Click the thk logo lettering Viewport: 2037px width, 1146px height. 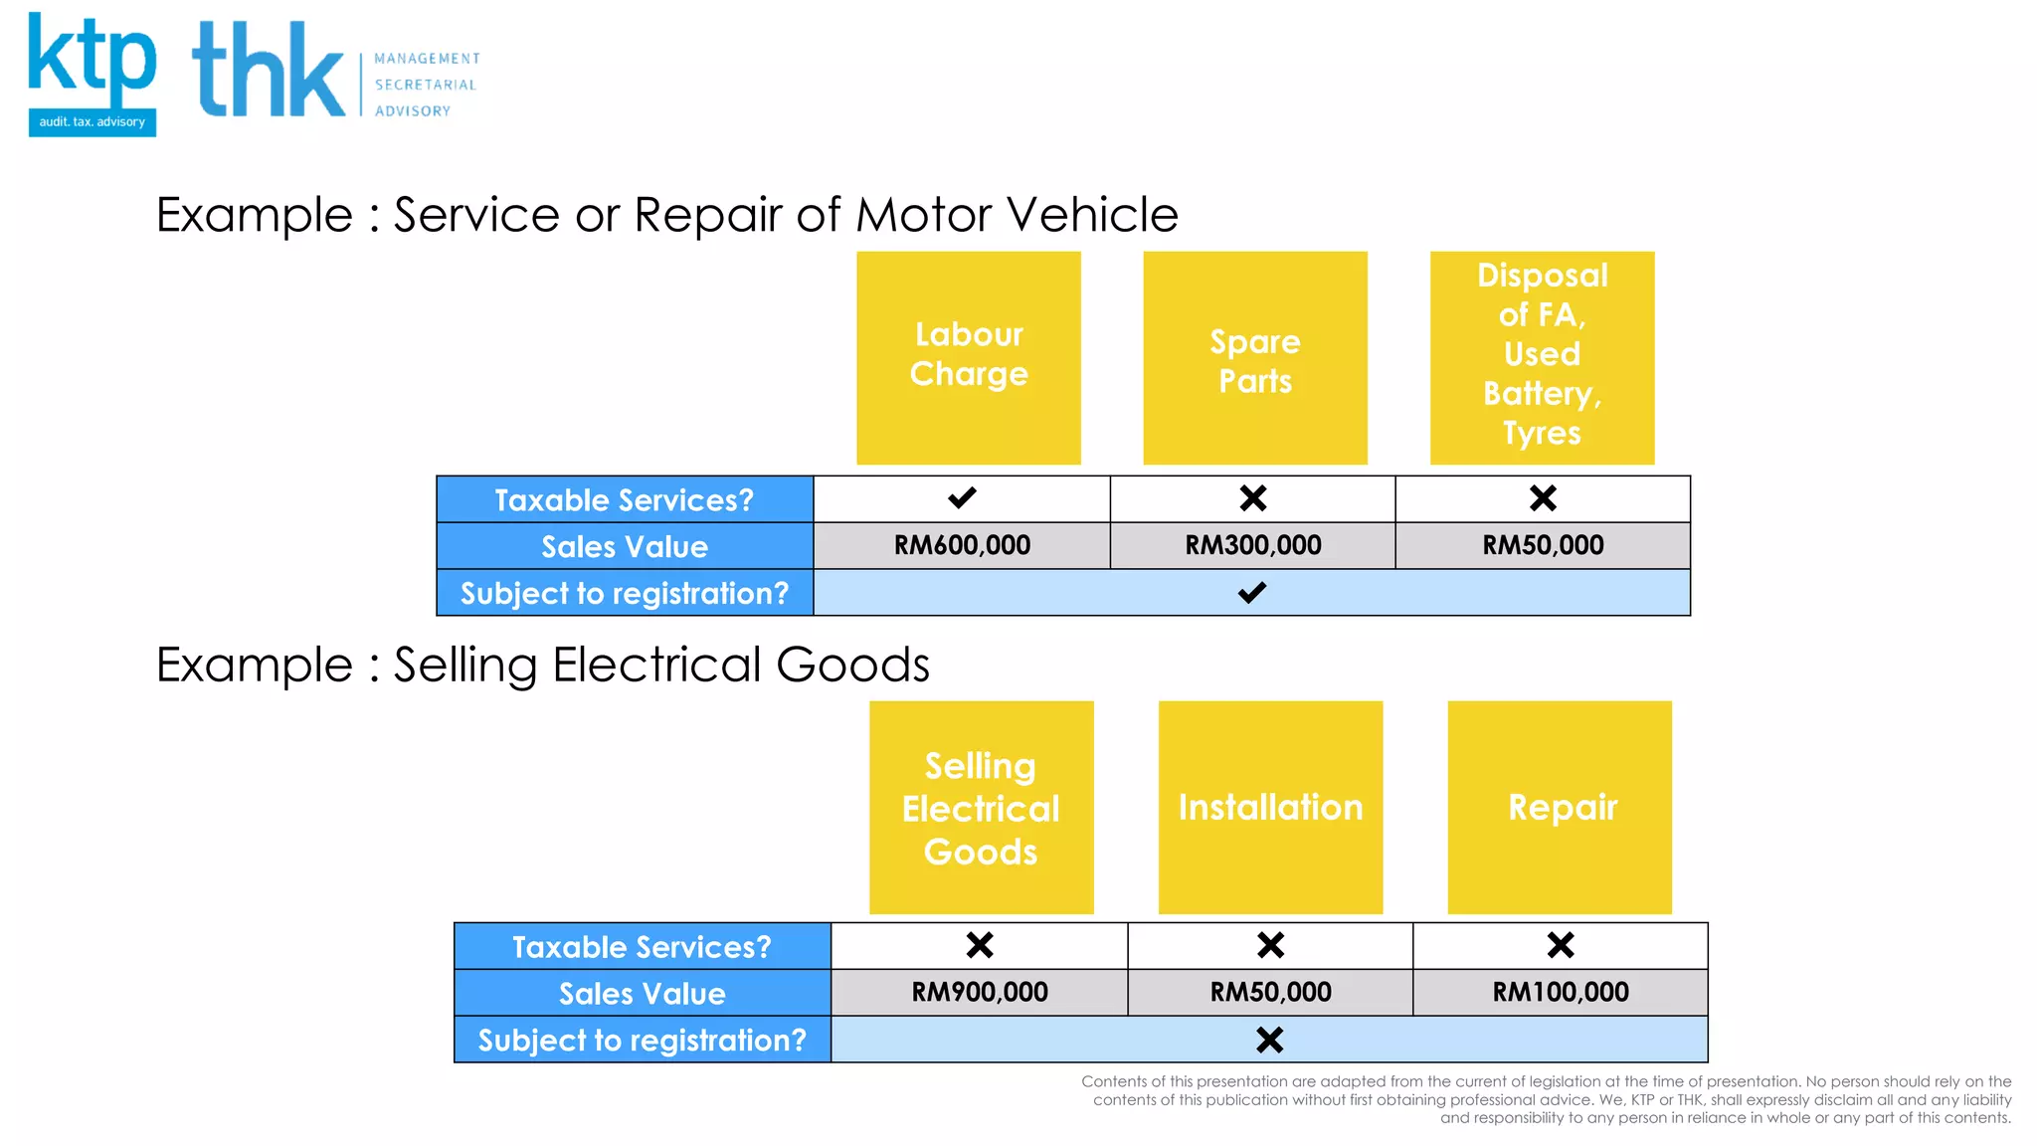[269, 70]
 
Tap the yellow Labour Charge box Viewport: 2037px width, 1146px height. [968, 357]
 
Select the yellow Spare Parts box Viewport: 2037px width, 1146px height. [1254, 357]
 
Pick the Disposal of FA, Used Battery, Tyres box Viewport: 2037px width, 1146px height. [1542, 357]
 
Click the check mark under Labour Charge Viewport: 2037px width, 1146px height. [962, 497]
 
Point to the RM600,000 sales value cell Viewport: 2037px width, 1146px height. [962, 545]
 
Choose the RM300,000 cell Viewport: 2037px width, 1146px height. [1252, 545]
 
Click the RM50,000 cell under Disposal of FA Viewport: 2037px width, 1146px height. [1543, 545]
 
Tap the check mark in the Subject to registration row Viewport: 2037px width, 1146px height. [1251, 593]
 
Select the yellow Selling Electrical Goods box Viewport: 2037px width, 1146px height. [981, 807]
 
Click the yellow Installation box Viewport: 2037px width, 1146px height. [1270, 807]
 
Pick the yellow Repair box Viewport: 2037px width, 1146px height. [1560, 807]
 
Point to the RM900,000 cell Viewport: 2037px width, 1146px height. [980, 992]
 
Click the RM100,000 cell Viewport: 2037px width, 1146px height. [1561, 992]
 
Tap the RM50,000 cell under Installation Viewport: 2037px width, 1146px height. [1270, 992]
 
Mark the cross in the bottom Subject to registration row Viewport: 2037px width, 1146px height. [1269, 1040]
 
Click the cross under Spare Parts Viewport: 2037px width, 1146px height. [1253, 497]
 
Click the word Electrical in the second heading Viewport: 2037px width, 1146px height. [657, 665]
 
